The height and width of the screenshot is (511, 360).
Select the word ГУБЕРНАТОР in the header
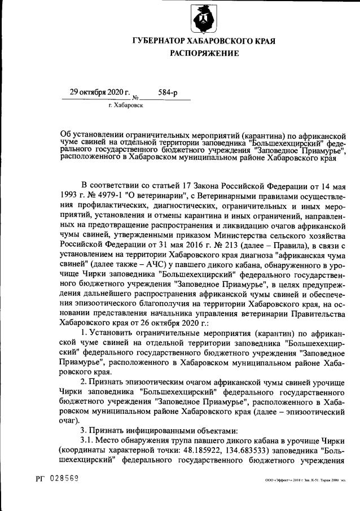[x=164, y=41]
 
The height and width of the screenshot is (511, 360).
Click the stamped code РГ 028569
[x=54, y=478]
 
